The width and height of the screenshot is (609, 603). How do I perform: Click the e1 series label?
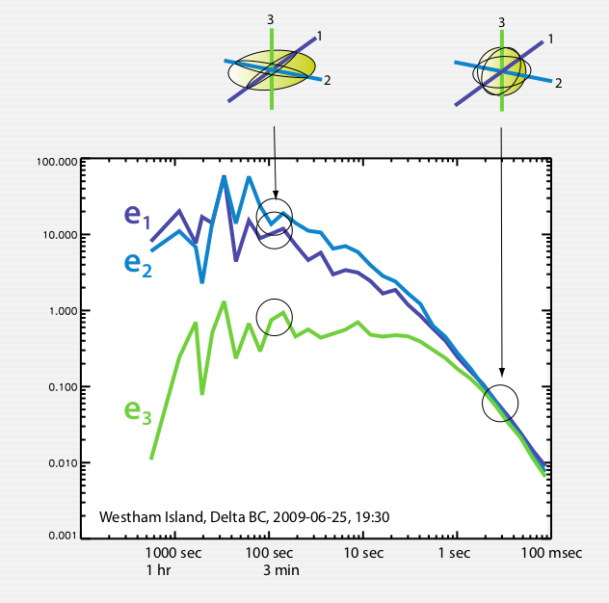[x=137, y=218]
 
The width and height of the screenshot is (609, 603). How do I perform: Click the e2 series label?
[x=137, y=264]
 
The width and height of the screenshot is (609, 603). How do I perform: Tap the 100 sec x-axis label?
[x=270, y=554]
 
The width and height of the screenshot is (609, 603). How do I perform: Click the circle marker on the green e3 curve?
[x=275, y=315]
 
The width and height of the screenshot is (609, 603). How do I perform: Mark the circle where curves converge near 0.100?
[x=501, y=402]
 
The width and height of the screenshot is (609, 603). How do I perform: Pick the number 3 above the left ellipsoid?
[x=272, y=18]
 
